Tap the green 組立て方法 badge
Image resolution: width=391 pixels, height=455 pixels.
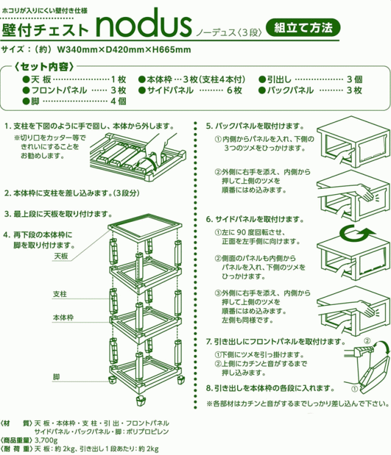coord(303,27)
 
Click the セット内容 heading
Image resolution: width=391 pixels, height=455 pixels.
coord(46,66)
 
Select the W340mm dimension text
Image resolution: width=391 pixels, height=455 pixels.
coord(76,48)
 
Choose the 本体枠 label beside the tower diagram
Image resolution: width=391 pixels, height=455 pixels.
coord(63,318)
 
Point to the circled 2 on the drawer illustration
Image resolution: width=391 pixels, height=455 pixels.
coord(367,340)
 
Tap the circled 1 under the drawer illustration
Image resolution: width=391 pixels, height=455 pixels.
coord(353,387)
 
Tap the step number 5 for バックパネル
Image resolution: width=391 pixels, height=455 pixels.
coord(208,126)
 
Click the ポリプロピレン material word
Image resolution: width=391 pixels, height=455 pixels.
coord(153,431)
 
